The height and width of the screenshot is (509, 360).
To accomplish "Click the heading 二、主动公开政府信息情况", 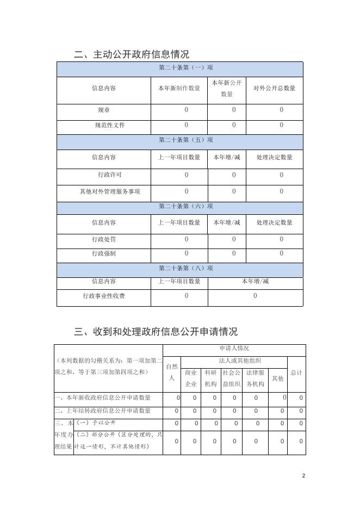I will tap(132, 54).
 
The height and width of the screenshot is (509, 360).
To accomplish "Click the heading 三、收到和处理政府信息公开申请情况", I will tap(156, 332).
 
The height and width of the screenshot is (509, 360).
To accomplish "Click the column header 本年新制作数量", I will tap(179, 88).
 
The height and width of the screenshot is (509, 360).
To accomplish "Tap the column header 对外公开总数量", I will tap(275, 88).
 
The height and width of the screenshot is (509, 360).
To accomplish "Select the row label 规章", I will tap(104, 110).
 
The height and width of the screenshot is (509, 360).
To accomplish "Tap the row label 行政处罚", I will tap(104, 239).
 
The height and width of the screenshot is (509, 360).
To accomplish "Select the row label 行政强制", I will tap(104, 253).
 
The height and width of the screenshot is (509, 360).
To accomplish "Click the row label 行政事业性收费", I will tap(104, 296).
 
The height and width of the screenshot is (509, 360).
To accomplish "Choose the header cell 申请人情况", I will tap(234, 349).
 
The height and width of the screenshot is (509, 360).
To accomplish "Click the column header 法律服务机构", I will tap(255, 378).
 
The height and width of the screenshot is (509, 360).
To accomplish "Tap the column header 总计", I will tap(296, 373).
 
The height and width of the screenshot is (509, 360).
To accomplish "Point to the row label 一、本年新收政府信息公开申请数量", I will tap(103, 398).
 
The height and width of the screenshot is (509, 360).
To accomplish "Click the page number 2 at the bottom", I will tap(303, 476).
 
